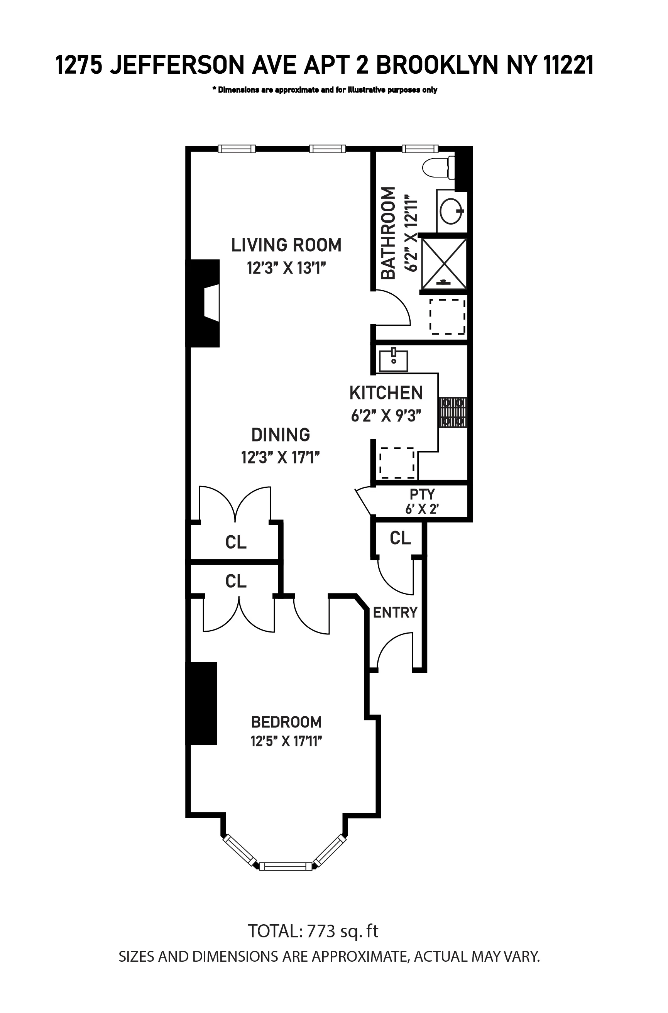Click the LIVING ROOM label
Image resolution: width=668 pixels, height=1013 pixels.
click(x=286, y=245)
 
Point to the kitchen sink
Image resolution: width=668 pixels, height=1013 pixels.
click(x=393, y=360)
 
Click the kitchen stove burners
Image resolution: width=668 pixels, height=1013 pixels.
click(x=453, y=413)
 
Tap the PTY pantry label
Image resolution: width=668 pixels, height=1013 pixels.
click(x=422, y=494)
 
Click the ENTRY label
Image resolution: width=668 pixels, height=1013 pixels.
click(x=395, y=612)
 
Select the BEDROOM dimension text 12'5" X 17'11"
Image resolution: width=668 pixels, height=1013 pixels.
click(x=286, y=742)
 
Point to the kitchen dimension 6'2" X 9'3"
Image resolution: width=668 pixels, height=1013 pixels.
click(x=386, y=415)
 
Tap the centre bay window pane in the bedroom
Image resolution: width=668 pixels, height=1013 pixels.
click(x=286, y=866)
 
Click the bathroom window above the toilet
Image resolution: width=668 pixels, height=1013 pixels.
click(x=419, y=149)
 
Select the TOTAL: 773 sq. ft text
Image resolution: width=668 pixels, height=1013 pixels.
click(x=313, y=931)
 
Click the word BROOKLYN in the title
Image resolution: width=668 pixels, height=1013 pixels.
click(x=437, y=66)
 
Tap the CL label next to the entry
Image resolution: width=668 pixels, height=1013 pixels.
click(x=400, y=538)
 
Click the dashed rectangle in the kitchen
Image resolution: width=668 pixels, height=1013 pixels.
click(x=397, y=463)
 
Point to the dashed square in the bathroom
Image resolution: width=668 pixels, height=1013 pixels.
click(x=447, y=316)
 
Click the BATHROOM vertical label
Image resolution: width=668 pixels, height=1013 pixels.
click(x=388, y=233)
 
